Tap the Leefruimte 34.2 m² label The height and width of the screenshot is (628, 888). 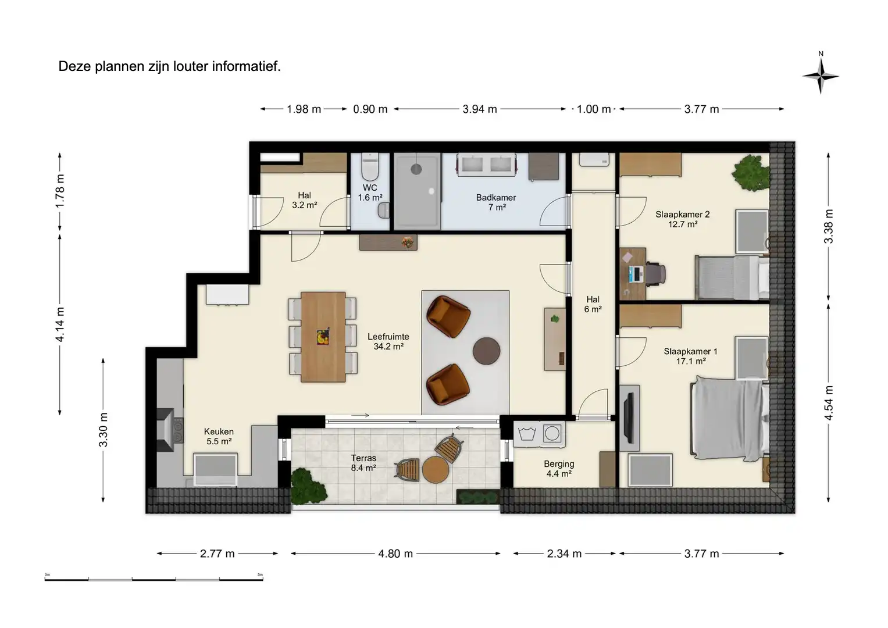[x=388, y=341]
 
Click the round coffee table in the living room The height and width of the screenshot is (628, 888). [x=486, y=351]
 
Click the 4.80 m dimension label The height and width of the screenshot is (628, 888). [x=395, y=554]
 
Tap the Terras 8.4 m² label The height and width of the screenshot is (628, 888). [x=363, y=463]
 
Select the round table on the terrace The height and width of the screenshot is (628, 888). [x=435, y=470]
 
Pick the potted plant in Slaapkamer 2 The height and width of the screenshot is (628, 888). [x=750, y=172]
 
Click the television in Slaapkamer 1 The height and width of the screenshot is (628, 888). [x=629, y=418]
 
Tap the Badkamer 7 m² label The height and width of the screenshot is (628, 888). [x=496, y=202]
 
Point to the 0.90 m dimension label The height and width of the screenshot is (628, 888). [x=370, y=109]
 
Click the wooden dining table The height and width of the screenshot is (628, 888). [x=323, y=337]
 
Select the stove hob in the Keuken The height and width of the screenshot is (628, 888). [x=176, y=430]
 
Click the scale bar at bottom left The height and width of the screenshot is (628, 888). [x=154, y=579]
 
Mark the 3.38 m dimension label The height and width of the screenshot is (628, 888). [x=829, y=226]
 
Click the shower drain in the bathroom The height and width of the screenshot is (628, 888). [x=416, y=169]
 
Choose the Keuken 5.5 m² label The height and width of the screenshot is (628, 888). [x=219, y=436]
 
